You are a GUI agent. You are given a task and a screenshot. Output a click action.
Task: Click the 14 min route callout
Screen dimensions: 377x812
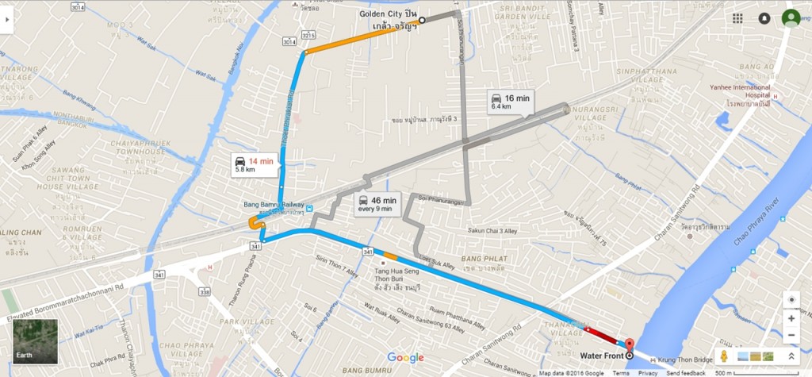(x=255, y=165)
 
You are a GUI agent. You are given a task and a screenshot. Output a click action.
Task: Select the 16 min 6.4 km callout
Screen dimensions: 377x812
(x=509, y=101)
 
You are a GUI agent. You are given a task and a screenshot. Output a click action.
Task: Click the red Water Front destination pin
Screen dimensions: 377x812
(x=630, y=345)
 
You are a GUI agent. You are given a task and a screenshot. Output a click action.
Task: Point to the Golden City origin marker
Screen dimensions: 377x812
(x=422, y=20)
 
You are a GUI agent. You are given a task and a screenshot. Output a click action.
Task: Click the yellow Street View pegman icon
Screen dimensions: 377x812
(x=726, y=356)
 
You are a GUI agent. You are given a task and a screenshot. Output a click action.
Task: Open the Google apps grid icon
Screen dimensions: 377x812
(x=737, y=18)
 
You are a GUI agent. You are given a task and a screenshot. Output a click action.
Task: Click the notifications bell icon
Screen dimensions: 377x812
(x=764, y=18)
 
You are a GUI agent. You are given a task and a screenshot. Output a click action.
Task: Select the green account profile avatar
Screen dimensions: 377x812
(x=791, y=18)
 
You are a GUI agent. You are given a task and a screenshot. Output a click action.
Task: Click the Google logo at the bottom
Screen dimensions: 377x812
(x=405, y=358)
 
